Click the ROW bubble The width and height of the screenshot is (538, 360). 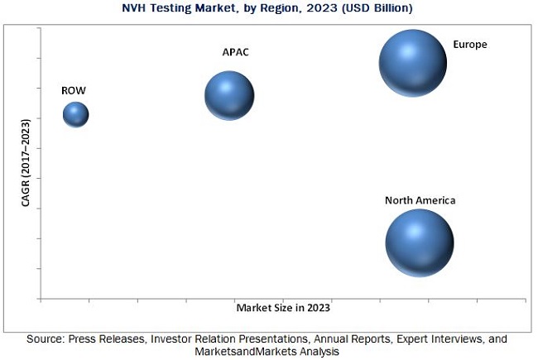pyautogui.click(x=75, y=114)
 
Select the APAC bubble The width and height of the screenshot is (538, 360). pyautogui.click(x=229, y=95)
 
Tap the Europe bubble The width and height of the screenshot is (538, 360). pyautogui.click(x=412, y=63)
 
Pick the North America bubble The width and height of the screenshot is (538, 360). pyautogui.click(x=420, y=242)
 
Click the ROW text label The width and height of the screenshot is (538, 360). pyautogui.click(x=72, y=90)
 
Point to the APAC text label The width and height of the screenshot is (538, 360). pyautogui.click(x=235, y=52)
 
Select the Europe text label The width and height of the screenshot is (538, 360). pyautogui.click(x=469, y=44)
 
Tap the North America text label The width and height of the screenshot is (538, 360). pyautogui.click(x=420, y=200)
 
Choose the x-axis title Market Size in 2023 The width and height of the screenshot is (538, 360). pyautogui.click(x=283, y=307)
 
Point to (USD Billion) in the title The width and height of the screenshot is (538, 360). pyautogui.click(x=359, y=7)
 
